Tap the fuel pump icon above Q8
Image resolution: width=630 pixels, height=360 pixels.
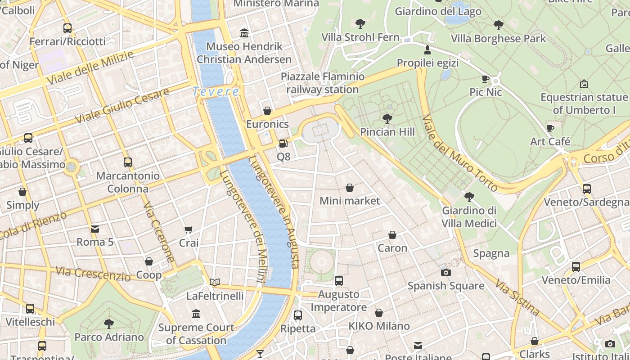point(283,144)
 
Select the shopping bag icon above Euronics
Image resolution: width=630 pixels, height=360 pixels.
point(267,111)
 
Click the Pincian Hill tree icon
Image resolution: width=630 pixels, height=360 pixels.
point(387,119)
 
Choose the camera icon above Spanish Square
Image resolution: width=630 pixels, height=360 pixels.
point(446,272)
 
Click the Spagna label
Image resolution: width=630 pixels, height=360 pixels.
point(491,253)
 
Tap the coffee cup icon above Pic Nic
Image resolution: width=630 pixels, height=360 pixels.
point(486,79)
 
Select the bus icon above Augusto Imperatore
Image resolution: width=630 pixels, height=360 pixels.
point(339,281)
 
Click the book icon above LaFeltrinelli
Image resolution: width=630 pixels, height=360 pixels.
point(215,283)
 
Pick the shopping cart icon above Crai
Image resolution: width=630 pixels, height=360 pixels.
point(189,230)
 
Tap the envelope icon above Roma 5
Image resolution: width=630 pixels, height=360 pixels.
point(95,229)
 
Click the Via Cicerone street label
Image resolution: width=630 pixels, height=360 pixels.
point(159,232)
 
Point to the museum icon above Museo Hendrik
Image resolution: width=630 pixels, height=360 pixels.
point(244,33)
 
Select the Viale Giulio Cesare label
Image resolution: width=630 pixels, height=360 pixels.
point(122,106)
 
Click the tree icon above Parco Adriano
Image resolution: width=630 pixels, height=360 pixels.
point(109,324)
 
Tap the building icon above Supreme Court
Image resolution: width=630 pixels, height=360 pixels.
point(196,314)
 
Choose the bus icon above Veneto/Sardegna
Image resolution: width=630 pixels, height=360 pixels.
point(586,189)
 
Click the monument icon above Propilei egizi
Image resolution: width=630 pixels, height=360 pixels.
point(427,49)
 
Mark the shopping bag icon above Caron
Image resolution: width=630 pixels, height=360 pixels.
point(392,235)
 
